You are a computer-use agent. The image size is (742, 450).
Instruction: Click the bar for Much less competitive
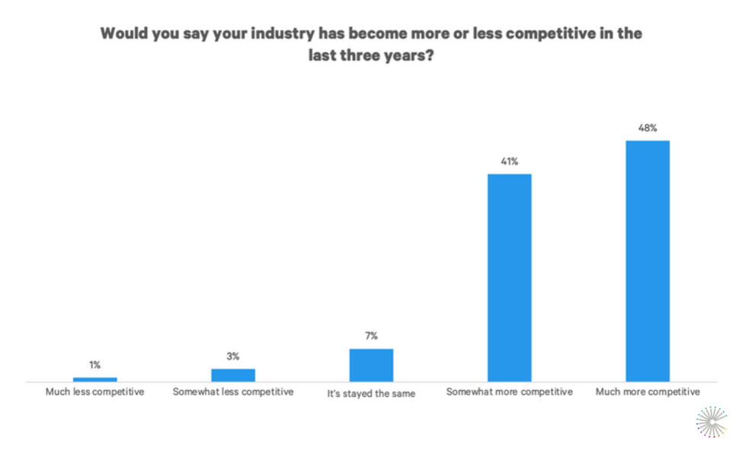[95, 378]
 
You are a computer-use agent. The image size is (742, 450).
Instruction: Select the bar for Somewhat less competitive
[233, 375]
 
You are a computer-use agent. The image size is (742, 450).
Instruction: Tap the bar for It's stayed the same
[371, 365]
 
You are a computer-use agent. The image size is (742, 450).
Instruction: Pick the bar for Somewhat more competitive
[510, 277]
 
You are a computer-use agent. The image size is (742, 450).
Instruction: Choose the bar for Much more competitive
[648, 260]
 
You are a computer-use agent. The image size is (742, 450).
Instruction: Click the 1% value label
[95, 365]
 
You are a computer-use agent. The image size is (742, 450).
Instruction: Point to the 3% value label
[233, 356]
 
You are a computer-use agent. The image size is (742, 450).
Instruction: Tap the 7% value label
[371, 336]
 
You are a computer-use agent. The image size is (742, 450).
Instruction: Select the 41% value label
[510, 161]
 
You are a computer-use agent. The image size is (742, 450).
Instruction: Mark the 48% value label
[648, 128]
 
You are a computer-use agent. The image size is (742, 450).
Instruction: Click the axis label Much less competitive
[95, 392]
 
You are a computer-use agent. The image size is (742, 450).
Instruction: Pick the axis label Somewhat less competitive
[233, 392]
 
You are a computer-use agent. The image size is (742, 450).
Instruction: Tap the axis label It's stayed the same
[371, 393]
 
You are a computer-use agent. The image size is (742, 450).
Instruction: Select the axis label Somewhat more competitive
[510, 392]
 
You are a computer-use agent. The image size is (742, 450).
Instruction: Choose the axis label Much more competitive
[648, 392]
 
